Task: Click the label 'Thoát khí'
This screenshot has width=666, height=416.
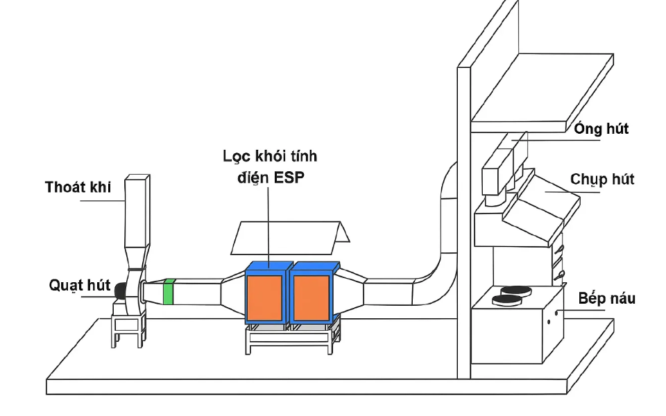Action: [78, 187]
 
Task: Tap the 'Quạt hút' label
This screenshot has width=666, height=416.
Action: [80, 285]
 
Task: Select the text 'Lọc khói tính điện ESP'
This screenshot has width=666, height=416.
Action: [270, 166]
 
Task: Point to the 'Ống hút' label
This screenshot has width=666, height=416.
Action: [601, 129]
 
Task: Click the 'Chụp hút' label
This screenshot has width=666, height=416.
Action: [602, 179]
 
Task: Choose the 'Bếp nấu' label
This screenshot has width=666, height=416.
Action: [606, 298]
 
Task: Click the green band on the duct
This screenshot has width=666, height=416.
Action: [169, 292]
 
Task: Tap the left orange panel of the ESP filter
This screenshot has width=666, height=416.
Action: [264, 298]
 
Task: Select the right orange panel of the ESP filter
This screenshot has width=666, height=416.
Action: [311, 298]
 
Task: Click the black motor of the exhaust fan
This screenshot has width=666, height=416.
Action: [120, 291]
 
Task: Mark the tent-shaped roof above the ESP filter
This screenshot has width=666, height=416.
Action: [290, 237]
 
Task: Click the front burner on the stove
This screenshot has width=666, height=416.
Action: [506, 300]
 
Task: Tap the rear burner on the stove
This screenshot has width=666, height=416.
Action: [516, 291]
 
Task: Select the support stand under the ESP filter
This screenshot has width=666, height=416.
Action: [293, 338]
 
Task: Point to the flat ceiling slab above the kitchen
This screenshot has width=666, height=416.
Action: [542, 92]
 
